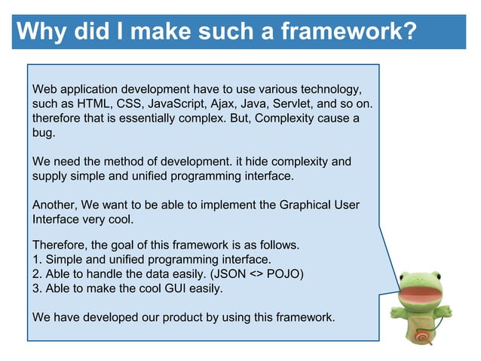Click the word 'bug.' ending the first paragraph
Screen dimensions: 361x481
[x=44, y=133]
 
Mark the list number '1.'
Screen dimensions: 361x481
[x=37, y=260]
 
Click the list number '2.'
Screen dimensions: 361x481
[x=37, y=274]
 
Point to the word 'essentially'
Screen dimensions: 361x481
[x=132, y=119]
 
